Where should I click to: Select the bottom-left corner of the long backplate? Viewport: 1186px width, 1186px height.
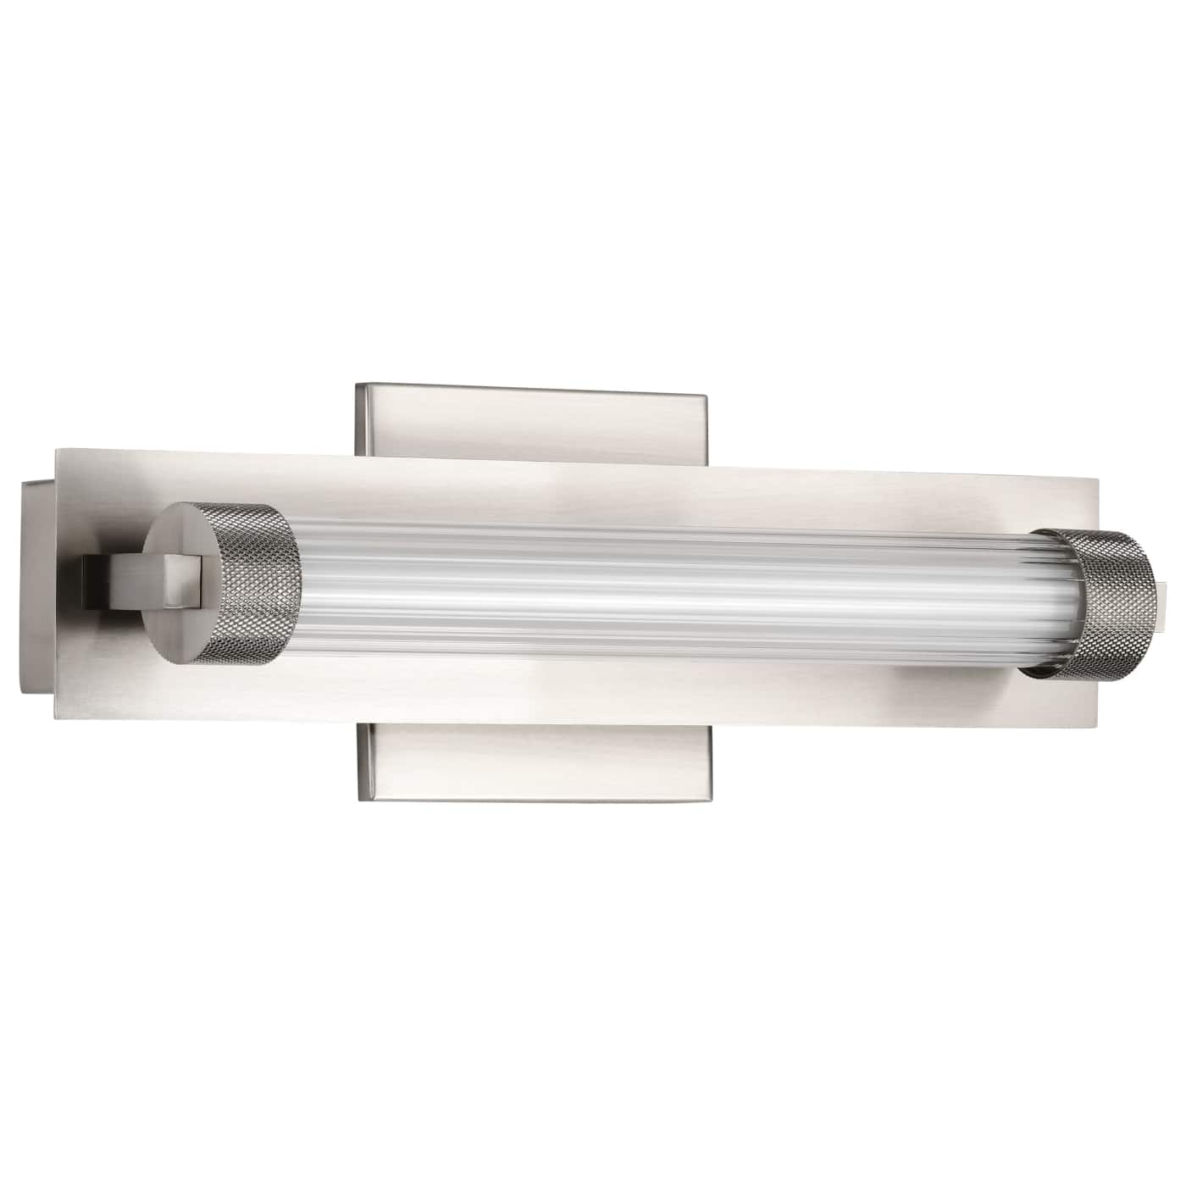coord(58,723)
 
